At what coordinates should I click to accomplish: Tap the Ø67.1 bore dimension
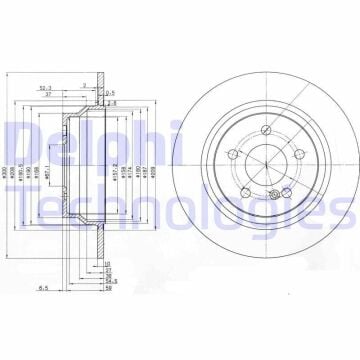click(48, 171)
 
